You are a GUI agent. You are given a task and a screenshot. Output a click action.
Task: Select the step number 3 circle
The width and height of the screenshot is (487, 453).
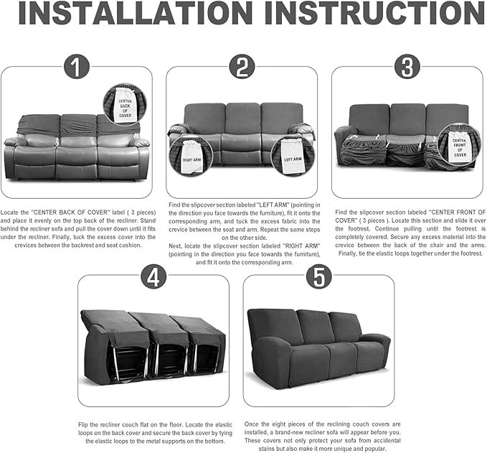[407, 67]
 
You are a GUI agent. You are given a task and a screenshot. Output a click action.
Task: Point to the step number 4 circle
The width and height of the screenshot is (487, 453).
[153, 276]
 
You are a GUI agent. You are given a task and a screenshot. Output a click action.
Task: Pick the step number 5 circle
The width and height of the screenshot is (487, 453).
[318, 276]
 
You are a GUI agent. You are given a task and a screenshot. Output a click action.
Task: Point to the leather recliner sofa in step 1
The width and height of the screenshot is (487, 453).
[77, 151]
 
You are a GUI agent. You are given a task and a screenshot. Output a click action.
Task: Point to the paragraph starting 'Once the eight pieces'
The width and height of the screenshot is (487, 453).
[318, 435]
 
